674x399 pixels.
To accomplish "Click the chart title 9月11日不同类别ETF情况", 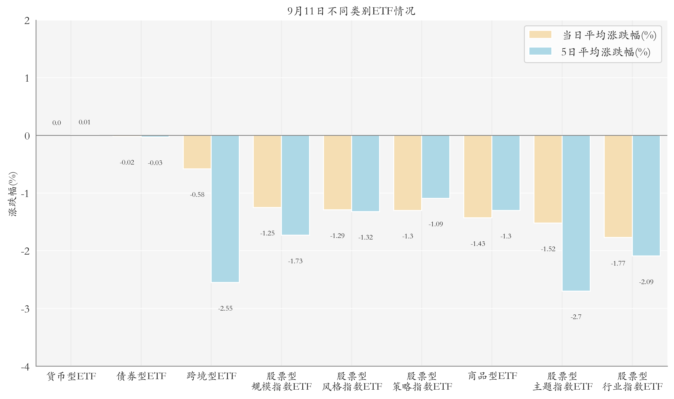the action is point(351,11).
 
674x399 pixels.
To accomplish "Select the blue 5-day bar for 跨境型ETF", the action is point(225,209).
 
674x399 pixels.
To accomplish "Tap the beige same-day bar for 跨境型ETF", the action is point(197,152).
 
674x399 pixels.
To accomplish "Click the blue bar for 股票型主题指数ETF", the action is point(576,213).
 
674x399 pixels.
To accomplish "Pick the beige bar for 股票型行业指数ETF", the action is point(618,186).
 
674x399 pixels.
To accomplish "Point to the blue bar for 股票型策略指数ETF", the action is point(436,167).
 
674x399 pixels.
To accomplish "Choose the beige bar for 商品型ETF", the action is point(478,176).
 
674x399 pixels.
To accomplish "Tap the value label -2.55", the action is point(225,309).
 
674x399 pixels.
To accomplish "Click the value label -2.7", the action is point(576,317).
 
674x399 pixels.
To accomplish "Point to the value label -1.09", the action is point(436,224).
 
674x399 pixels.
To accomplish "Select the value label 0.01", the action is point(84,122).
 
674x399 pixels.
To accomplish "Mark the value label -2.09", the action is point(646,282).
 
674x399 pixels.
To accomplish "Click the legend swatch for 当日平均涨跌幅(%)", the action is point(540,35).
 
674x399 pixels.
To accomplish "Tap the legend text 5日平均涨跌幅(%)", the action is point(606,52).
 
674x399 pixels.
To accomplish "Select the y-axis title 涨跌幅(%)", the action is point(13,194).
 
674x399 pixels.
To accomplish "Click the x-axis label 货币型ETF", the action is point(71,376).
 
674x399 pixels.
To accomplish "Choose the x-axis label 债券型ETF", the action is point(141,376).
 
